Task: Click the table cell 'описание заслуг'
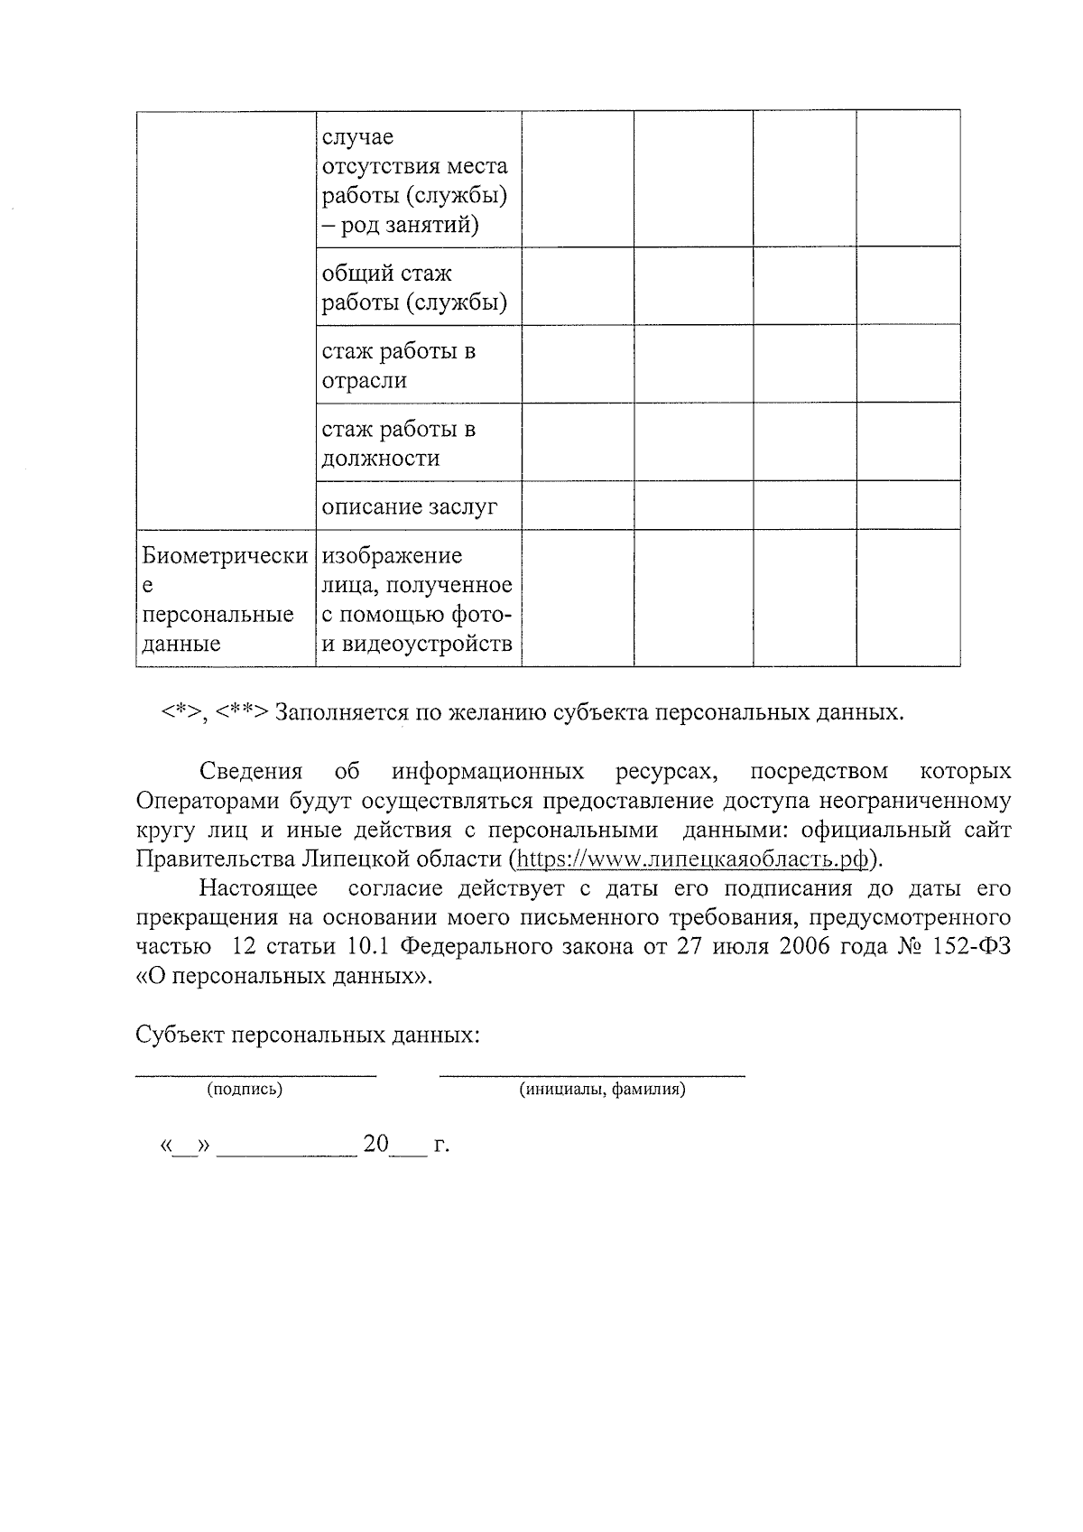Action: click(410, 506)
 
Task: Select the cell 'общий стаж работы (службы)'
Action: click(414, 287)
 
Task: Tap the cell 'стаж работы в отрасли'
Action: click(398, 365)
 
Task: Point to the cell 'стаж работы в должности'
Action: click(398, 442)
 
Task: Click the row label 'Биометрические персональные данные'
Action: click(225, 599)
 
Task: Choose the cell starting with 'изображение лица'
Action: click(417, 599)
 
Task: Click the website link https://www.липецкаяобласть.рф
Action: click(693, 859)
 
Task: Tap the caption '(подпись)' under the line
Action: click(245, 1090)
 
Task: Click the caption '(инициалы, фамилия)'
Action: click(602, 1090)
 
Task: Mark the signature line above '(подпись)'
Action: click(255, 1074)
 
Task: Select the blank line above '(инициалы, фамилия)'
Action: click(592, 1074)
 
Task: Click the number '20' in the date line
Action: click(375, 1145)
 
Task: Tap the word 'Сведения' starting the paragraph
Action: click(251, 772)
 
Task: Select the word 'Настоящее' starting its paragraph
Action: click(258, 888)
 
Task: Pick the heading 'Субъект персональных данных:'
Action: click(307, 1035)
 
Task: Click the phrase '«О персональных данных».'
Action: click(283, 976)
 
